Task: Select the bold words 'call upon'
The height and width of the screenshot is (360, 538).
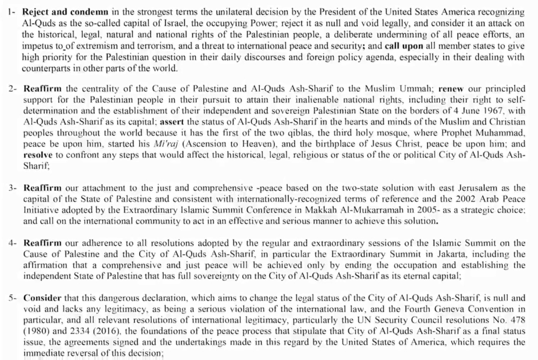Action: pyautogui.click(x=404, y=46)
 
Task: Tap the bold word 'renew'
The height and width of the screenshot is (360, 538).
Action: pyautogui.click(x=451, y=89)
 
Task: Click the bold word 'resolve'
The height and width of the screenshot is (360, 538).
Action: pyautogui.click(x=38, y=155)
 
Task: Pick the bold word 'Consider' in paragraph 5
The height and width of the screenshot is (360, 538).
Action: pyautogui.click(x=42, y=298)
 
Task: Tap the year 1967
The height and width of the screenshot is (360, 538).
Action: pyautogui.click(x=493, y=111)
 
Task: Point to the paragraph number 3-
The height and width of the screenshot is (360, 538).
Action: pyautogui.click(x=13, y=188)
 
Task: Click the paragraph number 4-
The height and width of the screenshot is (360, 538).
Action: pyautogui.click(x=13, y=243)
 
